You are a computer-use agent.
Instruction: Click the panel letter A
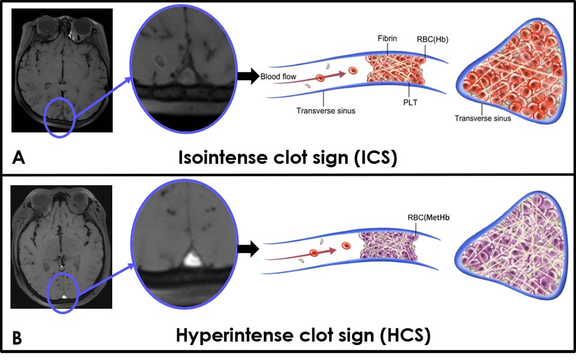coord(18,158)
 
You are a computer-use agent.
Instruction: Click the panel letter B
coord(18,338)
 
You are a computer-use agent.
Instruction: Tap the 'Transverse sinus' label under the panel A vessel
coord(326,110)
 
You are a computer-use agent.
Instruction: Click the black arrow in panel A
coord(247,76)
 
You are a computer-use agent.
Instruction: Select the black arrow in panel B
coord(247,249)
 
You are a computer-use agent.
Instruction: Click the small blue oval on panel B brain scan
coord(62,293)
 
